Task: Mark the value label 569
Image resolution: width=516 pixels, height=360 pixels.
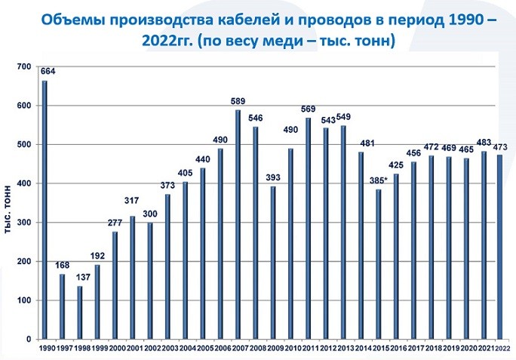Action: pyautogui.click(x=309, y=109)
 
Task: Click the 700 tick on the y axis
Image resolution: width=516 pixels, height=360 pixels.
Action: pyautogui.click(x=23, y=67)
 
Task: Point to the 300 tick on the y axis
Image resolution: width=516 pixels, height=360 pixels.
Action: pyautogui.click(x=23, y=223)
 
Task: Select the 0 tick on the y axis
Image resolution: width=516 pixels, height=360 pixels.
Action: pyautogui.click(x=28, y=340)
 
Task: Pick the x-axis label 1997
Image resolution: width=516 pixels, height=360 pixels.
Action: pyautogui.click(x=63, y=348)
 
